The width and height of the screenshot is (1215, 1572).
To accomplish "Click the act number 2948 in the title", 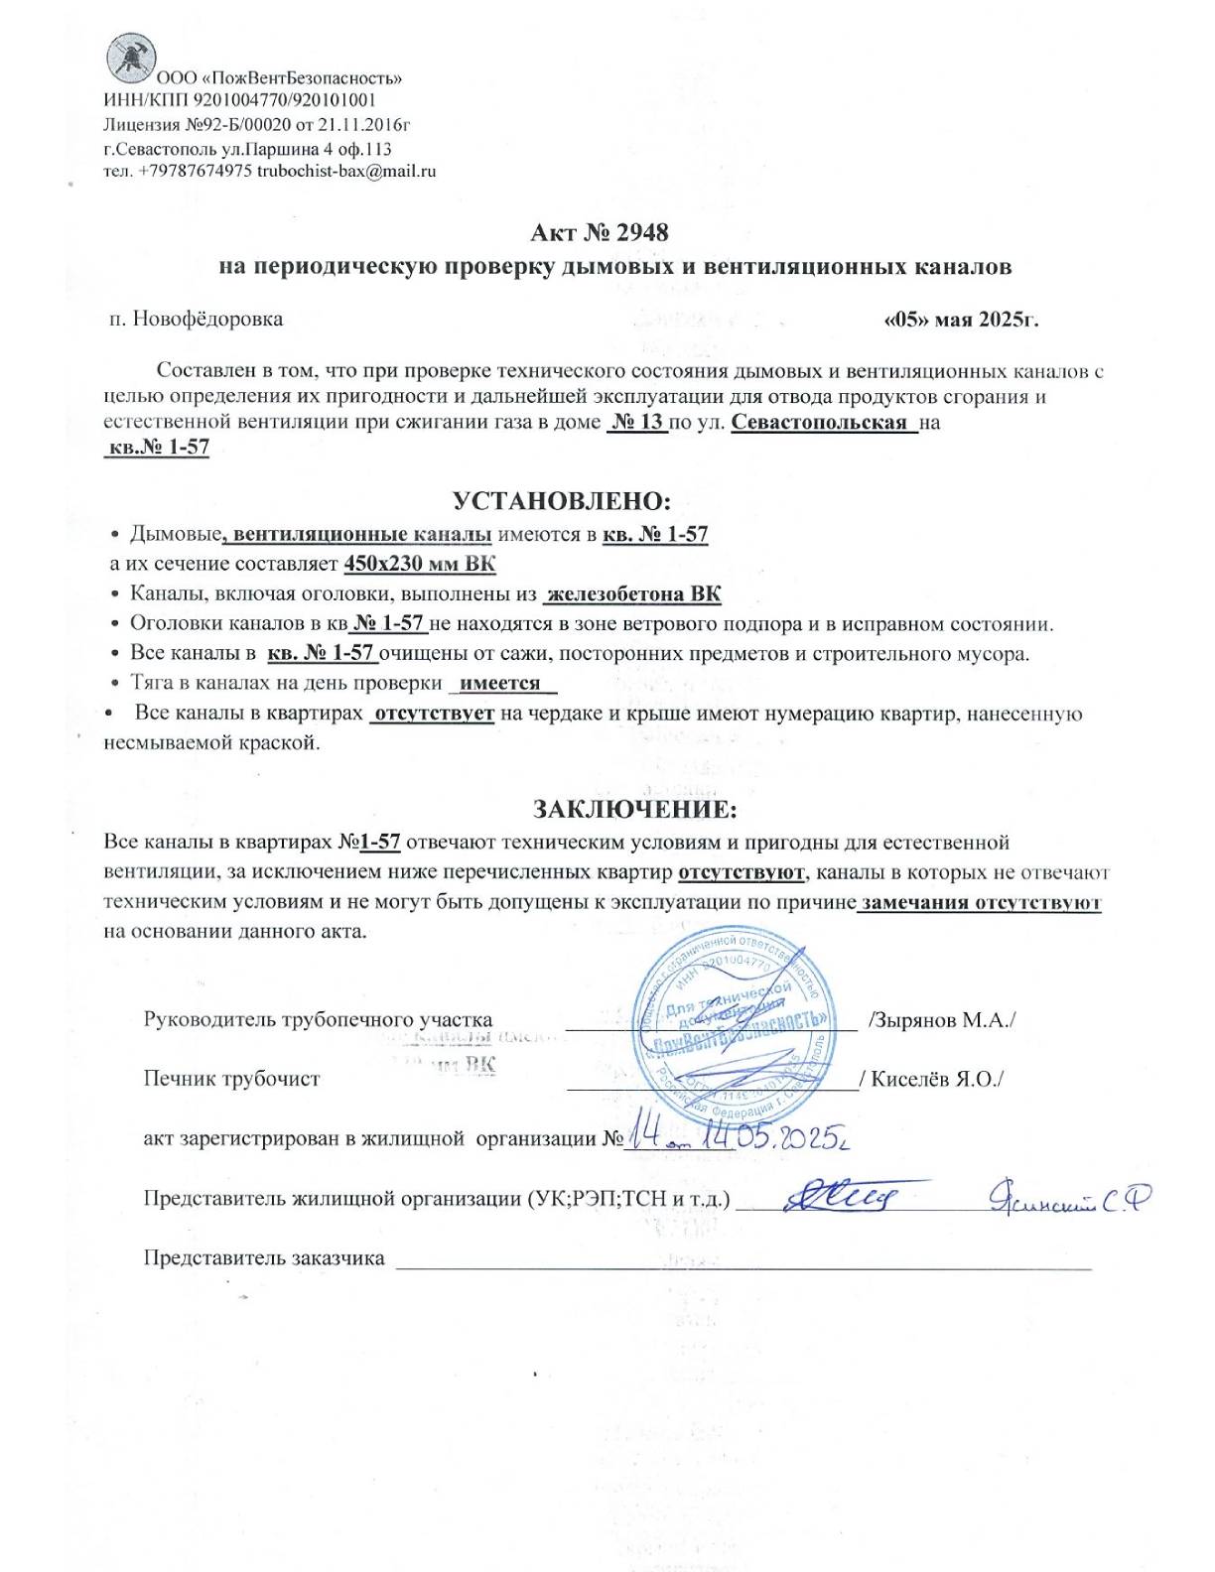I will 642,232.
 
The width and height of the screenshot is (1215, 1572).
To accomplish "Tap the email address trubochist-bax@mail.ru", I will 346,171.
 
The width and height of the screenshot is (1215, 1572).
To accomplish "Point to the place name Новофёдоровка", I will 207,319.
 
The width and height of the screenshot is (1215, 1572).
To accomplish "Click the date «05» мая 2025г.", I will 961,320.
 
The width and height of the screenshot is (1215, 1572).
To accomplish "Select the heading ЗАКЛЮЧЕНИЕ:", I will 635,809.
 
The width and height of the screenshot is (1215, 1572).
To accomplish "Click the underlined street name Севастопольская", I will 820,422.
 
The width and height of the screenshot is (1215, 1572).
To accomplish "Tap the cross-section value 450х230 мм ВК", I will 420,564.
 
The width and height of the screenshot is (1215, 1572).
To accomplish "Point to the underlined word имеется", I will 500,683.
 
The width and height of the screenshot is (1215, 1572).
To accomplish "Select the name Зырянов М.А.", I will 941,1020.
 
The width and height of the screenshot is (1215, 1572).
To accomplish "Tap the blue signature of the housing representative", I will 843,1198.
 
